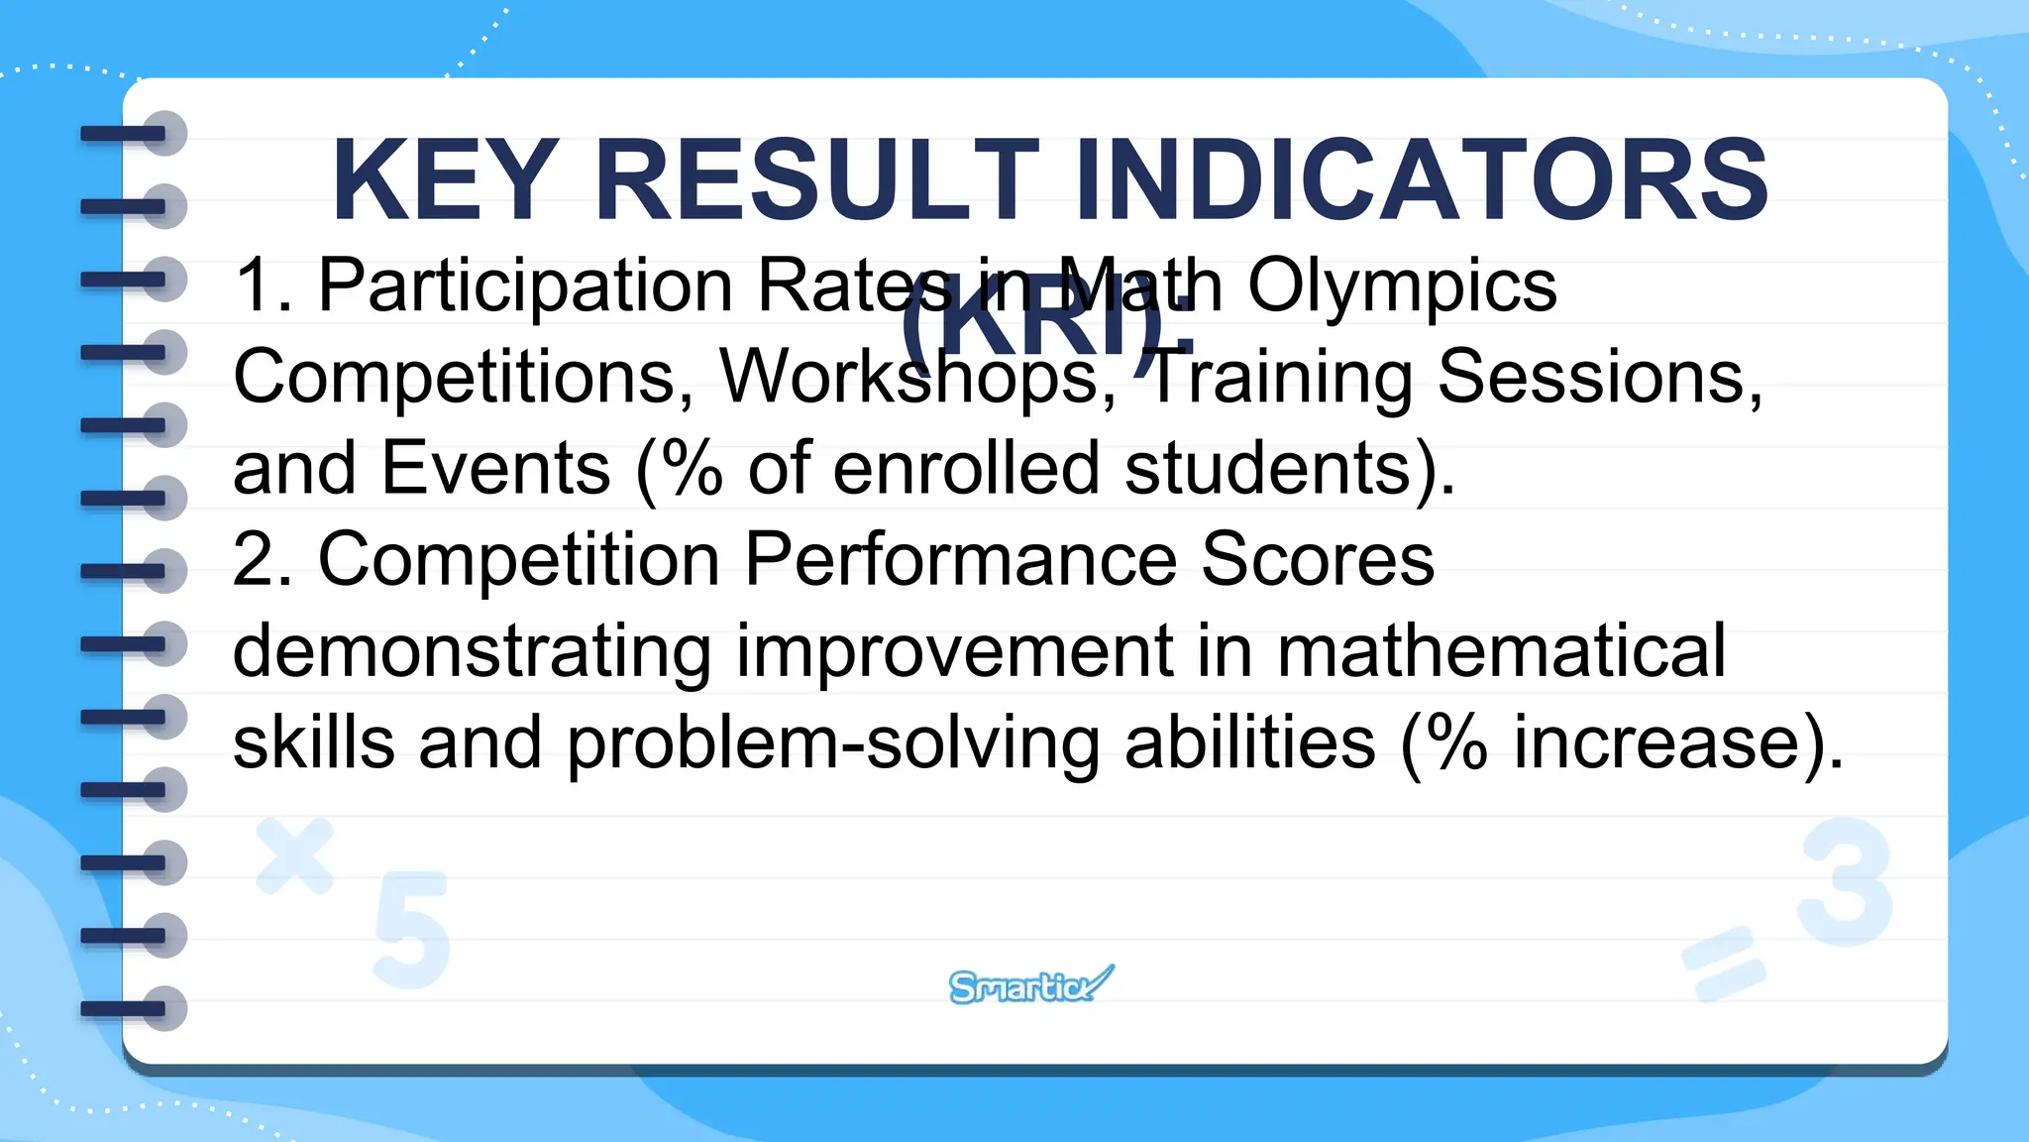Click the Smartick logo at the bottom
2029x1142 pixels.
click(1030, 985)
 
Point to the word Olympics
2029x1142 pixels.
click(1401, 287)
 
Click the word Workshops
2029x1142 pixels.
click(909, 378)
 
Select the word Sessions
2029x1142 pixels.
click(1599, 378)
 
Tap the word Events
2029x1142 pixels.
click(495, 469)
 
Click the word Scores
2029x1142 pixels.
click(1318, 560)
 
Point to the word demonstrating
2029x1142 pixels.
click(472, 652)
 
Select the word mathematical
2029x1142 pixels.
click(1500, 652)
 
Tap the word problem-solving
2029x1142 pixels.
click(832, 743)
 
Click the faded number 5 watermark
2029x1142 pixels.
click(411, 930)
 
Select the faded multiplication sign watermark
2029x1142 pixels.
click(294, 855)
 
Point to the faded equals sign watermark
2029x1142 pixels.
click(1723, 962)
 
